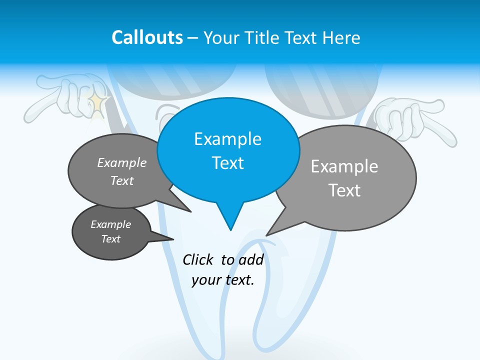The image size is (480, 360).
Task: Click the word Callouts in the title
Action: point(147,38)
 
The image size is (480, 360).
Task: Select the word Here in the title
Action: point(342,38)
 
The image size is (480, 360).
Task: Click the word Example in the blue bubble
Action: point(227,139)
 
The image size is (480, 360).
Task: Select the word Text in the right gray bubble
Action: point(344,190)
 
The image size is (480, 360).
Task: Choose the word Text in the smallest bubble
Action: point(111,239)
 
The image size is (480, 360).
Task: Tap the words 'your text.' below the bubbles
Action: point(223,279)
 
